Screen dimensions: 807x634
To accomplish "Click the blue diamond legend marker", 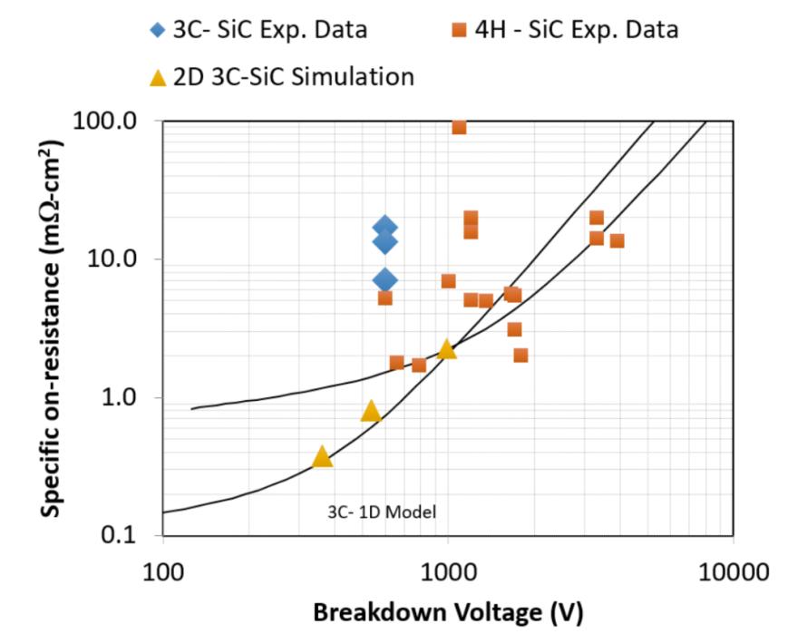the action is pos(157,29).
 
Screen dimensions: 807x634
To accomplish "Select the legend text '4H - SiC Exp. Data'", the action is pos(577,29).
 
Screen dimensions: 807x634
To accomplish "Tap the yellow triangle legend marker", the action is pos(158,78).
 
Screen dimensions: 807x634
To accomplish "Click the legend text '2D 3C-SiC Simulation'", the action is pos(294,77).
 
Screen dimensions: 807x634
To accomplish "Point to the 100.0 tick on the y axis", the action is pos(105,121).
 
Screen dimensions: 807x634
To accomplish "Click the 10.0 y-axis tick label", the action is pos(112,258).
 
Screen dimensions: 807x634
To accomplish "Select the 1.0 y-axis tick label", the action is pos(120,397).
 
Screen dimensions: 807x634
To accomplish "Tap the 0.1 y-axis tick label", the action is pos(120,535).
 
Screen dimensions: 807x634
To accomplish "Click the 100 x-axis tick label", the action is pos(163,572).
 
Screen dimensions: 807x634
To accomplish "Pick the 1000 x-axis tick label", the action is pos(447,572).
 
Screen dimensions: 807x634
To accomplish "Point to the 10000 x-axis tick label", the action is pos(734,572).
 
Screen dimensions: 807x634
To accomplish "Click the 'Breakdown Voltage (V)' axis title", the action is pos(448,613).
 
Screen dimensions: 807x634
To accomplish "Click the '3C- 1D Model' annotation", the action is pos(382,512).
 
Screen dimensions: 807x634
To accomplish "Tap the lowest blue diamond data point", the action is pos(385,280).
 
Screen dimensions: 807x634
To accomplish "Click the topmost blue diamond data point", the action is pos(385,227).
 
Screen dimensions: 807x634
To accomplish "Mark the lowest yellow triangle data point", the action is pos(322,457).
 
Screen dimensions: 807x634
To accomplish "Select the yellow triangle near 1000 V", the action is pos(447,348).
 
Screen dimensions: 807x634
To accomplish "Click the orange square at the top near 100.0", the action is pos(459,127).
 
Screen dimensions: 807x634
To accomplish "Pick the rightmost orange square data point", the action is pos(617,240).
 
